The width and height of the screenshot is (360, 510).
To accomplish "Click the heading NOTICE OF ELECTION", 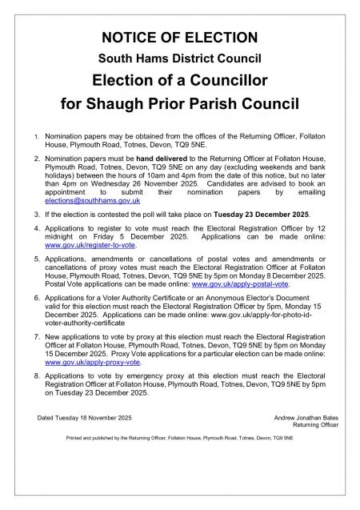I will [179, 37].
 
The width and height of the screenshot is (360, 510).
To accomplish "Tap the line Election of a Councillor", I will [179, 80].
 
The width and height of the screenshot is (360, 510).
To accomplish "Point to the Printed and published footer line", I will [179, 440].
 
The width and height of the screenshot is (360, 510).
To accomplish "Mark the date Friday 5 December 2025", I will [144, 236].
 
